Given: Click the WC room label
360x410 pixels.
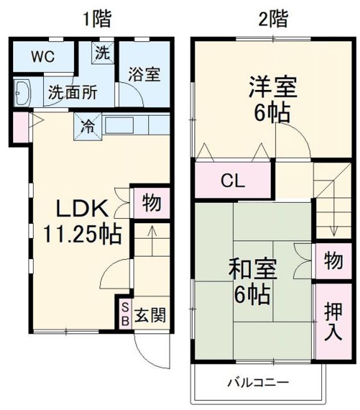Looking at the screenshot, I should pos(42,56).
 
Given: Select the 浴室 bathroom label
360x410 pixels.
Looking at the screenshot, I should pos(144,74).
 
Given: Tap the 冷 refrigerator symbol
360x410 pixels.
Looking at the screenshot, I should pos(88,125).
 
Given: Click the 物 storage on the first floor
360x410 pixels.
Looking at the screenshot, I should pos(151,202).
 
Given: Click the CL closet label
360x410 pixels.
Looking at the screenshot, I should pos(233,182).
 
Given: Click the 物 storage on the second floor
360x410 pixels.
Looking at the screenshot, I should pos(334,261).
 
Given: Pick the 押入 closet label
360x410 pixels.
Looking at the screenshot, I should pos(333,321).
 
